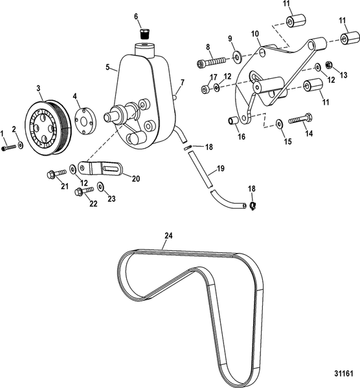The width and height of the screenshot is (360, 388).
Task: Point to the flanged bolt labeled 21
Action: point(56,173)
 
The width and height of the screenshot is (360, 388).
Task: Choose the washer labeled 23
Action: point(100,188)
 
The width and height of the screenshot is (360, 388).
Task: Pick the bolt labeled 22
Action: point(84,191)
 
